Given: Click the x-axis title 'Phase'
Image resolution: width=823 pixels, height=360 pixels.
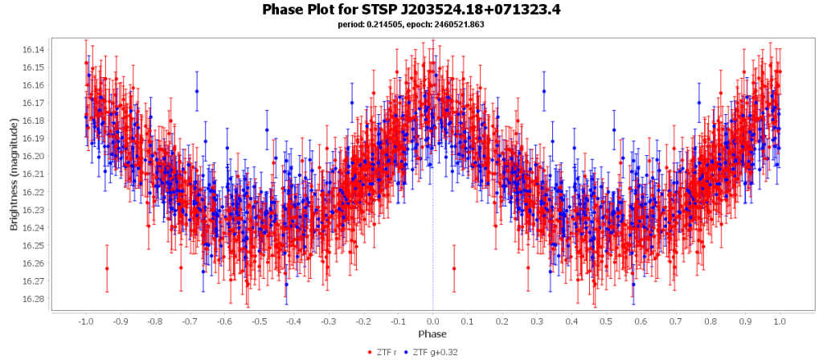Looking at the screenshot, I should coord(432,333).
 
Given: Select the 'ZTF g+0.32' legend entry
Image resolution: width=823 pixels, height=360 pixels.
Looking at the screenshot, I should coord(432,352).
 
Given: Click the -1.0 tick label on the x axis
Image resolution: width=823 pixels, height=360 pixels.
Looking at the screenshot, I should coord(85,321).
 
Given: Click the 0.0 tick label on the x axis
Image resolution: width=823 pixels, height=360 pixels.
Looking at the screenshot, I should coord(433,321).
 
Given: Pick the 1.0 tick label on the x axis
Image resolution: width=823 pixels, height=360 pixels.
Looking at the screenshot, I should coord(780,321).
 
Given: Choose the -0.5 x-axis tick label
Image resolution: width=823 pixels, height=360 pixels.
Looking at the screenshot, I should coord(259,321).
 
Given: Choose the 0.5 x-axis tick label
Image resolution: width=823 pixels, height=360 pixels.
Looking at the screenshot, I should coord(606,321).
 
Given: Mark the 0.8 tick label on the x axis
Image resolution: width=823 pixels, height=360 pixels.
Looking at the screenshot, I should coord(710,321).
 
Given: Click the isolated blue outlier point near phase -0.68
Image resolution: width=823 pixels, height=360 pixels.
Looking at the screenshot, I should coord(197,91).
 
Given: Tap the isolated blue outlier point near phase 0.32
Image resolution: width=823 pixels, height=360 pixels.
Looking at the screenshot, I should coord(544,91).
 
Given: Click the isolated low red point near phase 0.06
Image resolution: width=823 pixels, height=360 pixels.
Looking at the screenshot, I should coord(454,268).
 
